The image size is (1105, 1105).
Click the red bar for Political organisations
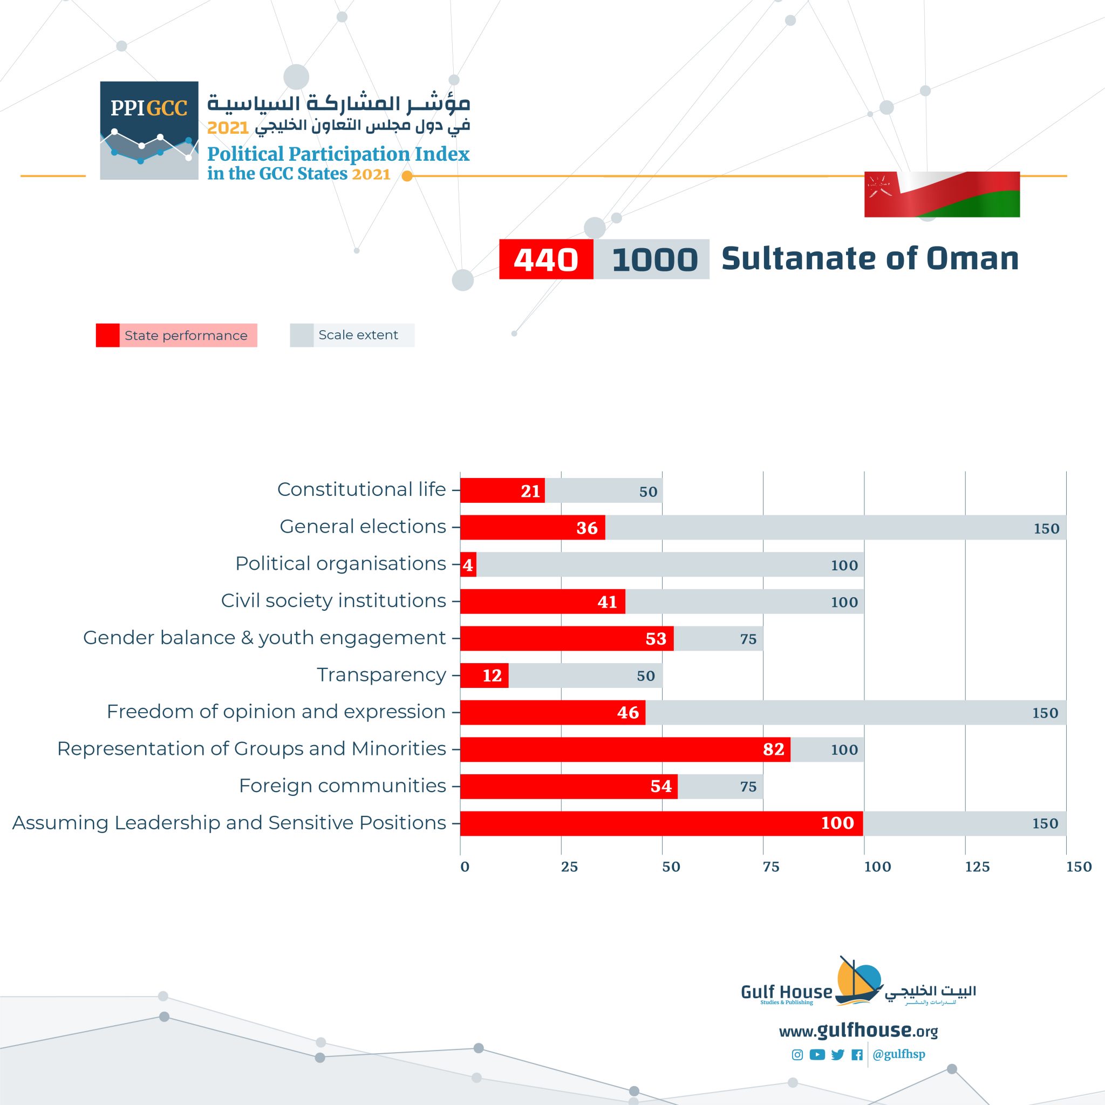pyautogui.click(x=468, y=564)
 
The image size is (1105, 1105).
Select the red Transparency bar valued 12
pyautogui.click(x=484, y=676)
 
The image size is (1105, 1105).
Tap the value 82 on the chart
pyautogui.click(x=773, y=749)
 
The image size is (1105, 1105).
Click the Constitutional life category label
pyautogui.click(x=361, y=489)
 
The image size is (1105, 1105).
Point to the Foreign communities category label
pyautogui.click(x=342, y=786)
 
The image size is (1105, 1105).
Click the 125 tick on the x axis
pyautogui.click(x=977, y=867)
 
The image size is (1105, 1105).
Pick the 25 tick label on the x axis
pyautogui.click(x=569, y=867)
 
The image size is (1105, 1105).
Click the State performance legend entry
pyautogui.click(x=176, y=335)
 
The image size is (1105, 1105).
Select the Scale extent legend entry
pyautogui.click(x=352, y=335)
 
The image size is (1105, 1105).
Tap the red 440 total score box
pyautogui.click(x=545, y=259)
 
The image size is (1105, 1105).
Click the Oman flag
pyautogui.click(x=942, y=194)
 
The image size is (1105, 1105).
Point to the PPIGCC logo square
pyautogui.click(x=149, y=131)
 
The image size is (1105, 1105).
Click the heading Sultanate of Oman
pyautogui.click(x=869, y=258)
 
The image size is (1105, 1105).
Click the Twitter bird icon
pyautogui.click(x=837, y=1055)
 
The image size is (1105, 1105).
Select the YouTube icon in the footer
pyautogui.click(x=817, y=1055)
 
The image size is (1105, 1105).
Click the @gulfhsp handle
pyautogui.click(x=898, y=1054)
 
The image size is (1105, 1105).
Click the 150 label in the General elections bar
pyautogui.click(x=1046, y=528)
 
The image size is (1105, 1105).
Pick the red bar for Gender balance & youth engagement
pyautogui.click(x=566, y=638)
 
